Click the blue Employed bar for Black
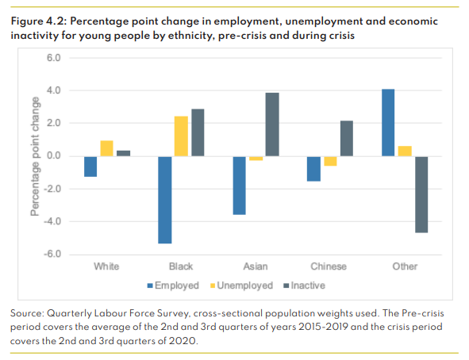click(x=165, y=199)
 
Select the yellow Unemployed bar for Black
click(x=181, y=136)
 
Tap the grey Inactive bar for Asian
click(x=271, y=124)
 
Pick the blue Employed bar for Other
click(x=389, y=123)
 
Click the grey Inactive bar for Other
click(x=421, y=193)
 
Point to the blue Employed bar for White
click(x=90, y=166)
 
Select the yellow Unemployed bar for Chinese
click(x=330, y=161)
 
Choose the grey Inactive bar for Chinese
click(x=346, y=139)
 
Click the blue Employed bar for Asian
click(x=240, y=185)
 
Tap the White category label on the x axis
click(x=106, y=266)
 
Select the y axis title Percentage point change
click(x=35, y=156)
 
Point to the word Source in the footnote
click(x=29, y=314)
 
